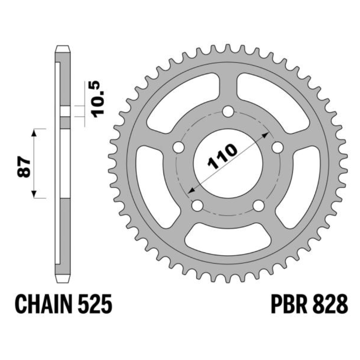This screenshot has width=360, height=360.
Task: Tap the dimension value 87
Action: (24, 167)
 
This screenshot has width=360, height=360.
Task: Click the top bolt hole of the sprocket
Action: (228, 112)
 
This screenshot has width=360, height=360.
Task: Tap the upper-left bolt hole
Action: (179, 147)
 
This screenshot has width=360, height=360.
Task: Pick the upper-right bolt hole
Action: (277, 147)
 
